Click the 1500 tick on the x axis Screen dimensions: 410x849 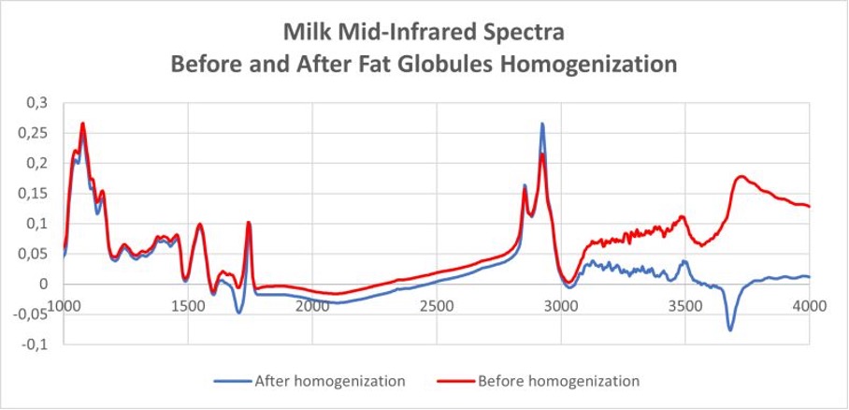187,305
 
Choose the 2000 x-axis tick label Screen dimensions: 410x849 312,305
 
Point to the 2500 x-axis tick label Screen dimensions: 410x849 437,305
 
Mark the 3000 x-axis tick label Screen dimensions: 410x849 561,305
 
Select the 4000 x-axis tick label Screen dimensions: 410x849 808,305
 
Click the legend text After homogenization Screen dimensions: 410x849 329,381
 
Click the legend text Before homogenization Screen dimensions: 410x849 557,381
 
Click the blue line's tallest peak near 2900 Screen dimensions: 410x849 541,124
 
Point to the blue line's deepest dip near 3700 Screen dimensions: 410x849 730,329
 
